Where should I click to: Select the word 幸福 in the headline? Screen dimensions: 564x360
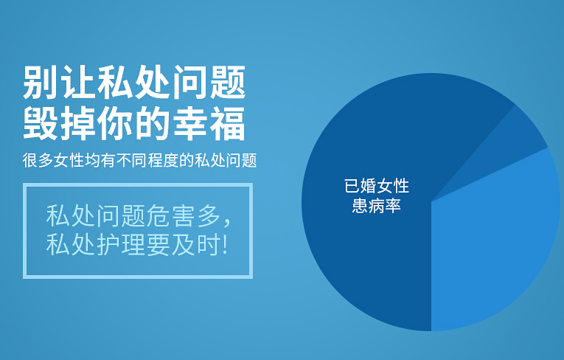(209, 123)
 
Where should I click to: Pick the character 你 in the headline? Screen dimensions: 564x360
(115, 123)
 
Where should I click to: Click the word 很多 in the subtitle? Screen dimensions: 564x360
(38, 160)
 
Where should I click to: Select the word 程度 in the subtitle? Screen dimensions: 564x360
(163, 160)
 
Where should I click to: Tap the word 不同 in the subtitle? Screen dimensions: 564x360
(132, 160)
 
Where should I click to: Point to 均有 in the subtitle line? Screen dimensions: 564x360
(101, 160)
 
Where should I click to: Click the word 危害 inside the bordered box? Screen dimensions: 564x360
(171, 215)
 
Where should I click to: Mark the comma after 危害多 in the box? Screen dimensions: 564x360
(227, 222)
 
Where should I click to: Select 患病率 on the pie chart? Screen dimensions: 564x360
(377, 206)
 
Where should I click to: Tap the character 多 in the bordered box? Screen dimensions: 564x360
(209, 215)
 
